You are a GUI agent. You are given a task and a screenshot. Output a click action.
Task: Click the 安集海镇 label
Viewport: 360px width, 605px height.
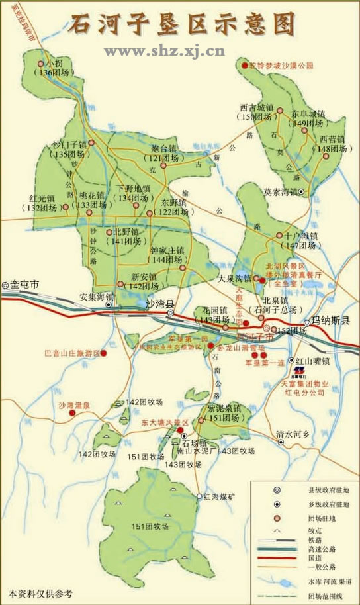click(x=97, y=297)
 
